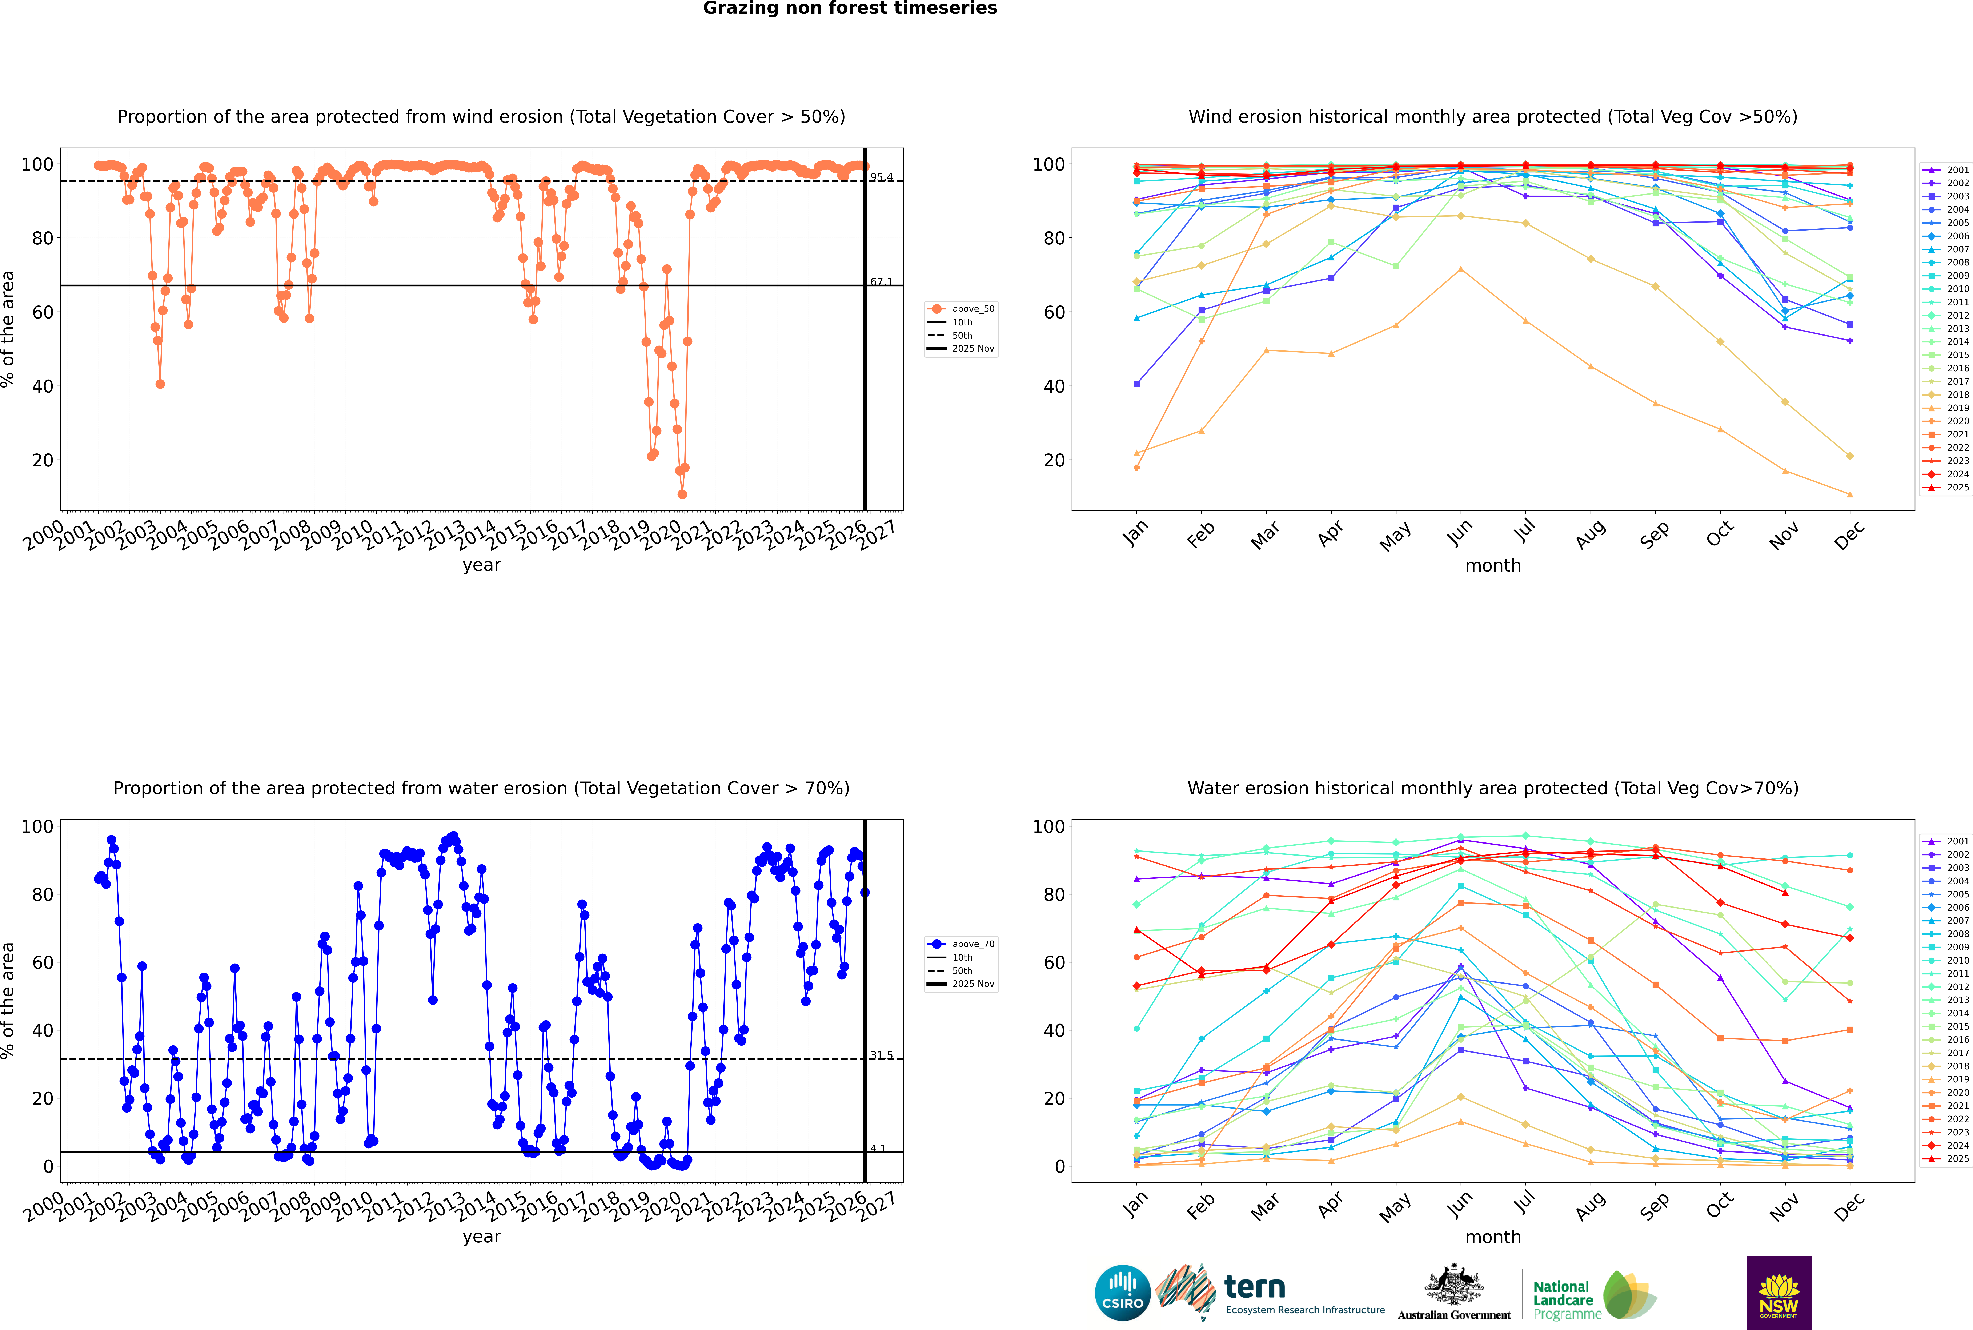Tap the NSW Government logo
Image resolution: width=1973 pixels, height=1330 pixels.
tap(1779, 1292)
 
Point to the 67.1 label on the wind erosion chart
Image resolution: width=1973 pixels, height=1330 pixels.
tap(881, 282)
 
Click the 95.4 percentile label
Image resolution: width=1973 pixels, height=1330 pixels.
tap(881, 177)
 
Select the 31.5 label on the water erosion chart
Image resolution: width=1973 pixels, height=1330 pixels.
tap(881, 1055)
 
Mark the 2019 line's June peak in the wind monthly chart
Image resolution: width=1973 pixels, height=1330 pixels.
tap(1460, 270)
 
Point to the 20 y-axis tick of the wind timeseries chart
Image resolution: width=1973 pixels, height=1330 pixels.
tap(42, 461)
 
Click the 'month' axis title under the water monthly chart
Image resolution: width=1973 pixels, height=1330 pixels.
tap(1493, 1237)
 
